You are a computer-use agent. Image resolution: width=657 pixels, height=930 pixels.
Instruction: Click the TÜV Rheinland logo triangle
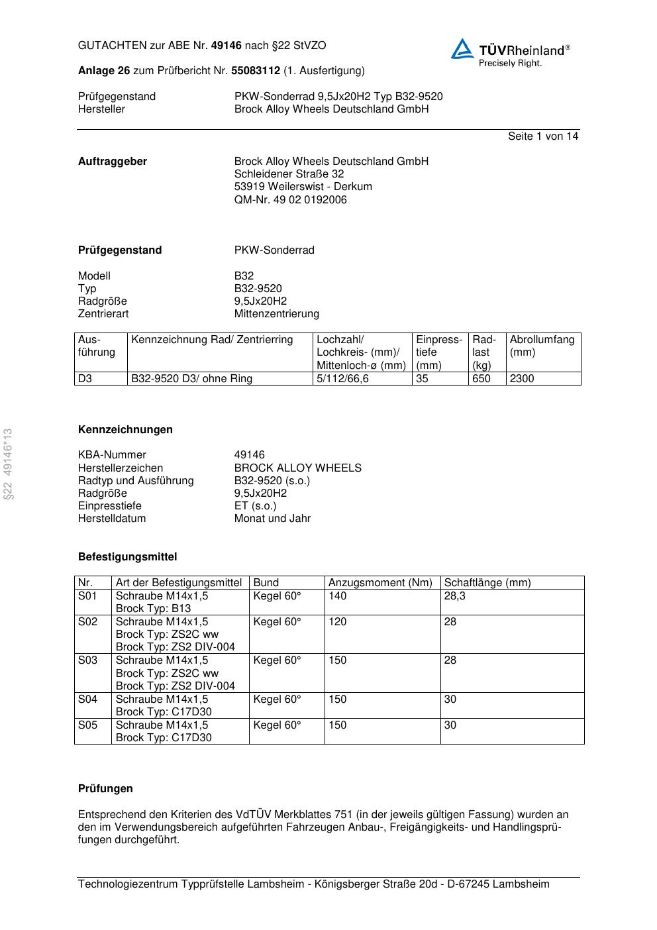click(x=462, y=50)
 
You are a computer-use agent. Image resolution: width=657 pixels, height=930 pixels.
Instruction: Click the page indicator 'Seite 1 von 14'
click(x=542, y=136)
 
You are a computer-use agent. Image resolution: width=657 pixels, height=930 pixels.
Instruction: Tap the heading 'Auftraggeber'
click(x=113, y=162)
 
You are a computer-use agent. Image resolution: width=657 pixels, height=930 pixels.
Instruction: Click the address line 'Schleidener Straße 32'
click(x=289, y=174)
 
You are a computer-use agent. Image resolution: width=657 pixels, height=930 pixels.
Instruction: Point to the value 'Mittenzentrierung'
click(x=276, y=314)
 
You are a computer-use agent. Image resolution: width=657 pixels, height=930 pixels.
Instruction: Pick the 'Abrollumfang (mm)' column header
click(x=542, y=346)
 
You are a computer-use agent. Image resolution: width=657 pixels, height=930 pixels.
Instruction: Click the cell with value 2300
click(x=522, y=379)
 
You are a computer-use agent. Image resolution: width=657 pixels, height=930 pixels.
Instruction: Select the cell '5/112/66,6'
click(x=342, y=379)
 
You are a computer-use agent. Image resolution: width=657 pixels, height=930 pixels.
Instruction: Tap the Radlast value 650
click(x=481, y=379)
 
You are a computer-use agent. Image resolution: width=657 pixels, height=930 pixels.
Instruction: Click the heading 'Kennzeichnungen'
click(x=125, y=430)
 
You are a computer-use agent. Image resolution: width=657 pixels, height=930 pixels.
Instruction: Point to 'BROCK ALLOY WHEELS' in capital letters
click(x=297, y=468)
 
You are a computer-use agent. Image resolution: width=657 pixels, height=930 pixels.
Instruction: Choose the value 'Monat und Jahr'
click(x=272, y=519)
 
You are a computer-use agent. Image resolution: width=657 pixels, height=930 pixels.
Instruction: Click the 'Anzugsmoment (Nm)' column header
click(x=380, y=583)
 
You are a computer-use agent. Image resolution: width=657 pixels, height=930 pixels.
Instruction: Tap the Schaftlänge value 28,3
click(x=454, y=596)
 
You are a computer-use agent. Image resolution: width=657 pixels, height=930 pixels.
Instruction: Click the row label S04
click(x=87, y=699)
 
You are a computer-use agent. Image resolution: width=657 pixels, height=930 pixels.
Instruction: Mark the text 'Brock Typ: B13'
click(x=153, y=609)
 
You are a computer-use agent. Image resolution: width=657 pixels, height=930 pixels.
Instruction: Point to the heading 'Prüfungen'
click(x=105, y=789)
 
